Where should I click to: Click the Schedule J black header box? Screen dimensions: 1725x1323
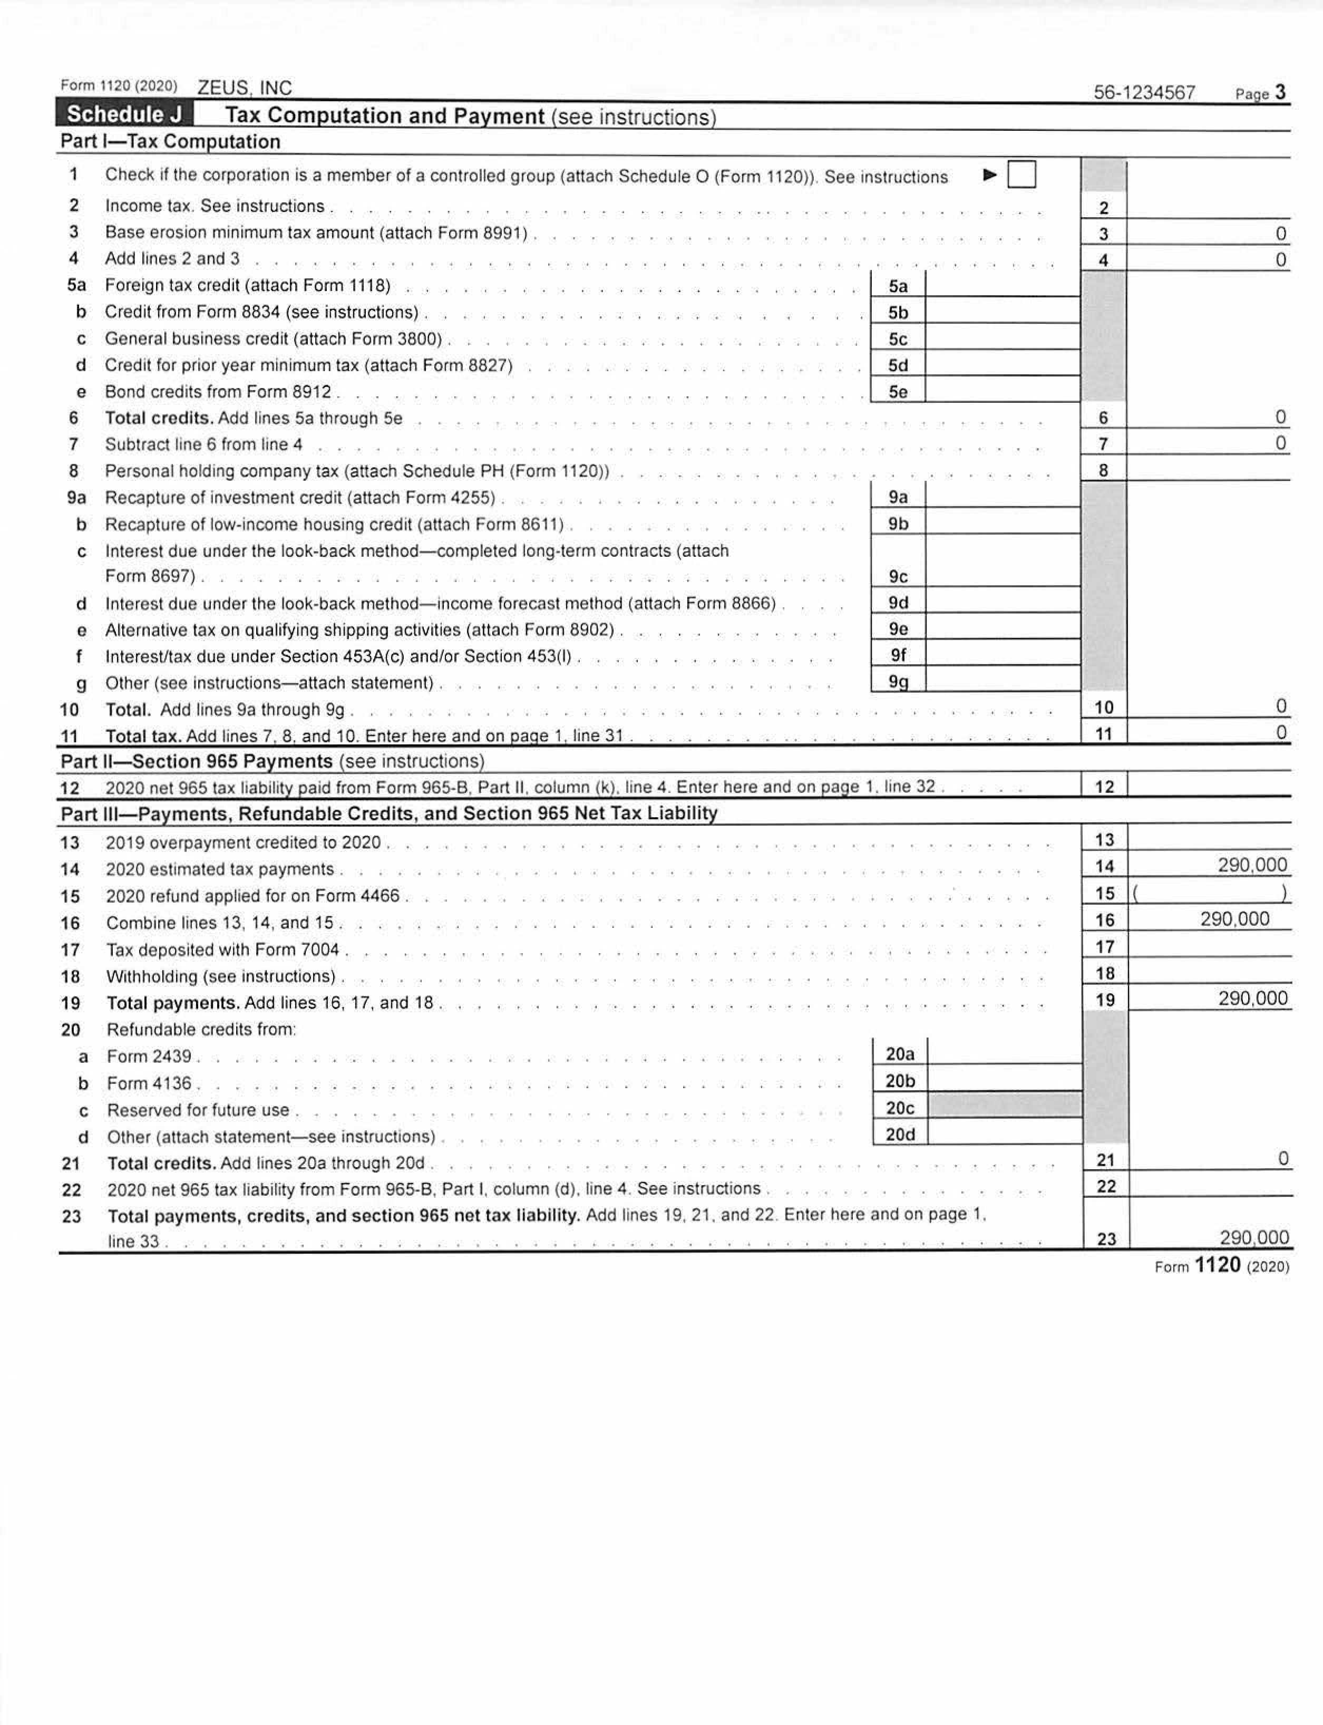pos(124,115)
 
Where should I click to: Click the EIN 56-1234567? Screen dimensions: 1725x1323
pos(1144,92)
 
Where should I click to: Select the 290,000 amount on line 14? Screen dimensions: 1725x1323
pos(1252,865)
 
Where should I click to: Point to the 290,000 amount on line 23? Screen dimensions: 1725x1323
pos(1254,1237)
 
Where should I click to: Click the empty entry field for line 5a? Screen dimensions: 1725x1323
pos(1001,284)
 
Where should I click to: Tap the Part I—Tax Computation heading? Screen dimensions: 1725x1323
pos(170,142)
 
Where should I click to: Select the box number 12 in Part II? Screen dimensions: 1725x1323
pos(1104,786)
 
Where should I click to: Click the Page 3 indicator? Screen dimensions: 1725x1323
pos(1261,93)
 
